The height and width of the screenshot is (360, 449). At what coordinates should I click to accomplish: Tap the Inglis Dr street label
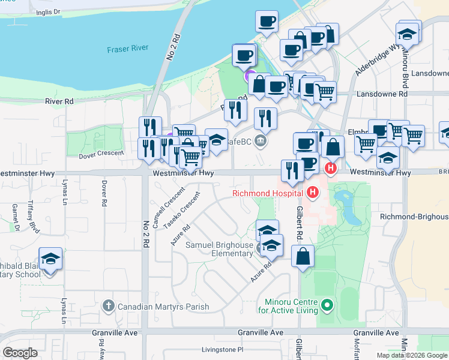coord(49,11)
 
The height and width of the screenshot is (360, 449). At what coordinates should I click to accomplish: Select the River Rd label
coord(59,101)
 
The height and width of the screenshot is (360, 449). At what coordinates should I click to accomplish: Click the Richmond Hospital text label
coord(268,193)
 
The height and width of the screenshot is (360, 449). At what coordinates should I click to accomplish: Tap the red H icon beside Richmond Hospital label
coord(312,193)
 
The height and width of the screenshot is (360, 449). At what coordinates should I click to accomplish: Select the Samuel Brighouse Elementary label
coord(218,249)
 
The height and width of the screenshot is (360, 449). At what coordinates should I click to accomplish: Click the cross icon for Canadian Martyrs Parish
coord(108,307)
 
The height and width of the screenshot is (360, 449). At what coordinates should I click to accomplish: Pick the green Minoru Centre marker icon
coord(327,306)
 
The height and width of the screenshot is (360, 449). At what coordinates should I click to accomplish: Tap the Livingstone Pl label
coord(222,349)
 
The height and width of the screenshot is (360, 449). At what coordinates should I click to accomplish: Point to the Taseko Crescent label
coord(182,210)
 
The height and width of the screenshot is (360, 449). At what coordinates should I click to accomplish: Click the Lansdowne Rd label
coord(382,94)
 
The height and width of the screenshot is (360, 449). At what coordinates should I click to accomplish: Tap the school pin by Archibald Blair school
coord(50,260)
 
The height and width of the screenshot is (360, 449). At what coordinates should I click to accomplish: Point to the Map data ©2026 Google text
coord(411,355)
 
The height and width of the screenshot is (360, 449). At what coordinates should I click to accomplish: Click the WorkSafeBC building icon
coord(261,142)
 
